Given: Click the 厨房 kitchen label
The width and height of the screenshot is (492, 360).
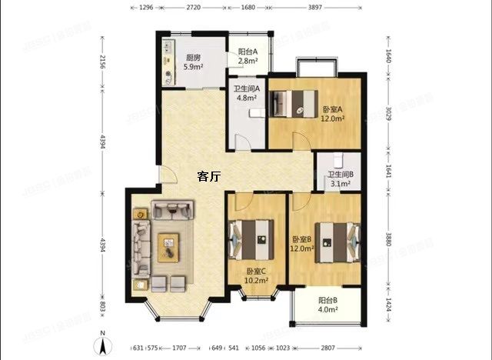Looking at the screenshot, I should point(193,58).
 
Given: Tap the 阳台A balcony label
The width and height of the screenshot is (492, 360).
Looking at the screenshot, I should point(247,52).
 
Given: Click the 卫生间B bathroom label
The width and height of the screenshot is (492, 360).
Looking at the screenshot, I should point(341,175).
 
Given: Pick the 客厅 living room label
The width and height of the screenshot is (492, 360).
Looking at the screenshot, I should point(208,176).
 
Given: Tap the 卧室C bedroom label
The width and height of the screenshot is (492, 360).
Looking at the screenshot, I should point(256,271).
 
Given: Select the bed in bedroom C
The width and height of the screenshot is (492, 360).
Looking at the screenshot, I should point(251,238).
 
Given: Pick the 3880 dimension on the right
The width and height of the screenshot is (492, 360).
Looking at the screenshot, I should point(389,238).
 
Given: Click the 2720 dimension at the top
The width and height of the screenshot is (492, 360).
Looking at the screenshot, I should point(194,6).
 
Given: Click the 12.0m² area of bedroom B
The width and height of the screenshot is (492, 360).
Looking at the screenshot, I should point(303,248).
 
